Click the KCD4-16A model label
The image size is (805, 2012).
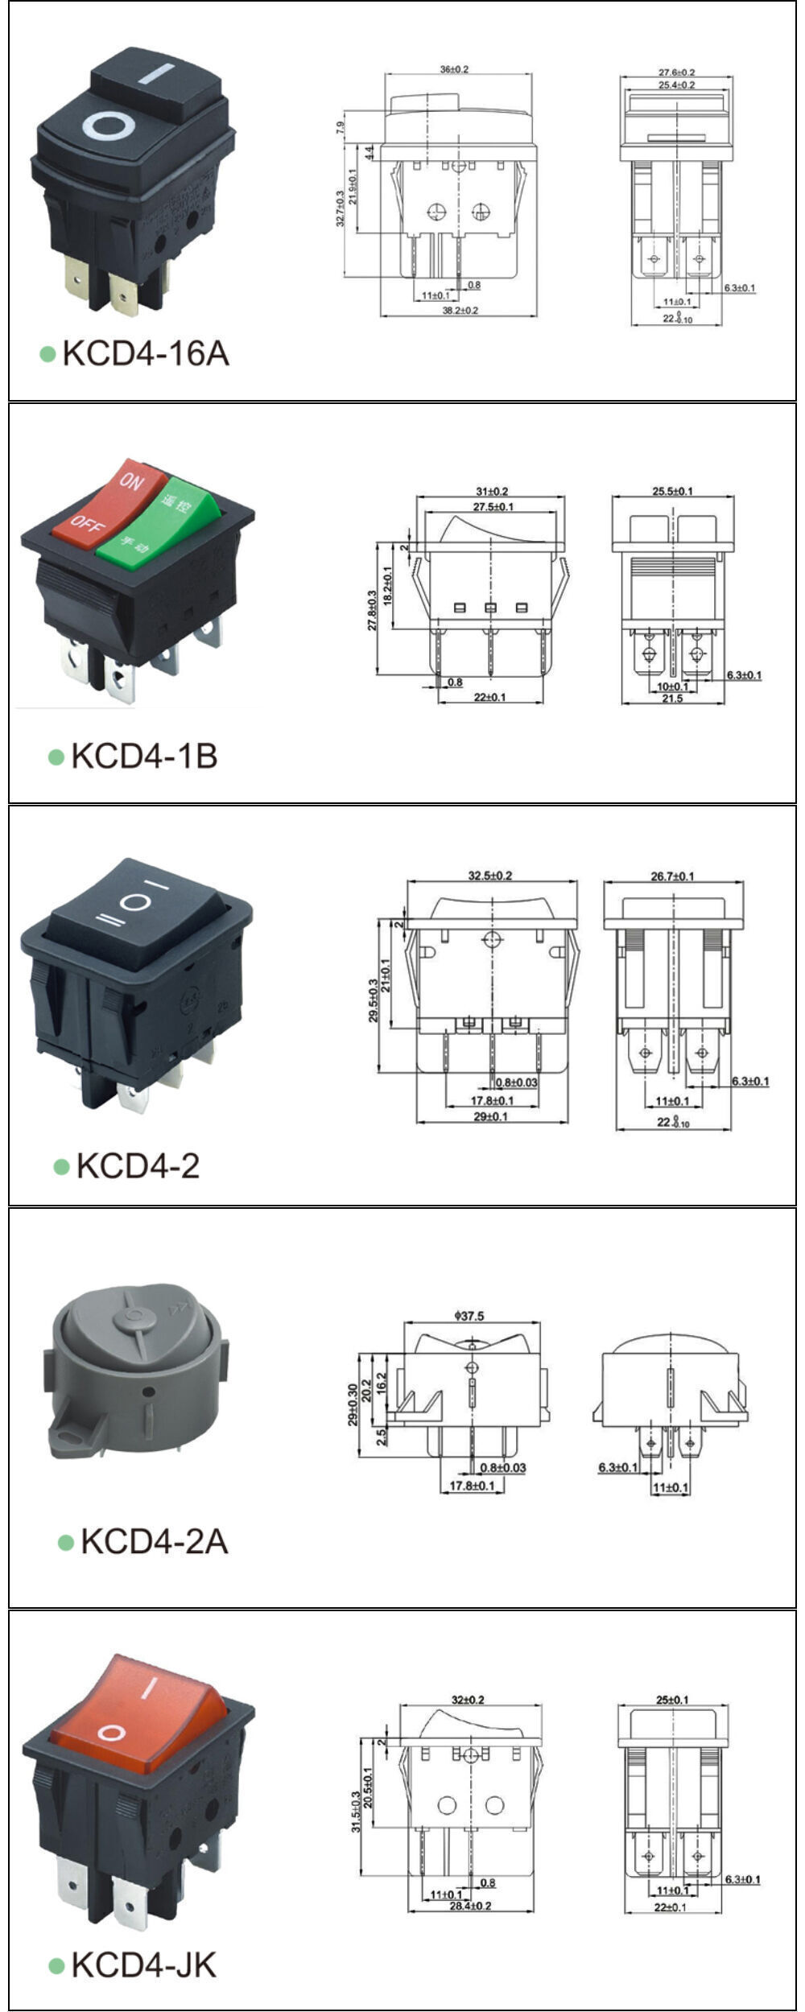[x=145, y=353]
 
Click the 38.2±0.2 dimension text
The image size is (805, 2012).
[x=460, y=310]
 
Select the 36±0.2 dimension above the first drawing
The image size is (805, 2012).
[x=454, y=70]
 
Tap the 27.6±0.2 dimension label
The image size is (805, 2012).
[x=676, y=72]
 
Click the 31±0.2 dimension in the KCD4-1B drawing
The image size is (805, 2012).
[x=491, y=491]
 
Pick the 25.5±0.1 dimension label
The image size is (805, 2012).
[x=672, y=491]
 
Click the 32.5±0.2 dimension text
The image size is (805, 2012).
[x=490, y=876]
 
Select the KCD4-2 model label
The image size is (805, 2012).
[x=137, y=1165]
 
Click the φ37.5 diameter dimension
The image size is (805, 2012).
[x=469, y=1316]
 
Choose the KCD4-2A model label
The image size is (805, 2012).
[x=154, y=1541]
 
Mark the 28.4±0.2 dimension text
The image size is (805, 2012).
[x=470, y=1906]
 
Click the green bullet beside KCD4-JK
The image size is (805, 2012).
[x=56, y=1966]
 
